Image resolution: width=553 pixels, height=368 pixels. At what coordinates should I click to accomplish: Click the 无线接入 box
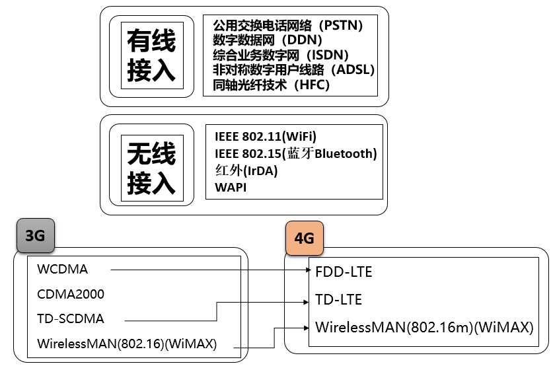point(151,165)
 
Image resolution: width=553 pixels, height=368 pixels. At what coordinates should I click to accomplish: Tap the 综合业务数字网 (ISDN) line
point(281,55)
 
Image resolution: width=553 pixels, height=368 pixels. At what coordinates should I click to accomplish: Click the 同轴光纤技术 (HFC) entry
point(271,85)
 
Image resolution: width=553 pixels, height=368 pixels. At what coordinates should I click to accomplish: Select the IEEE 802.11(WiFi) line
point(266,137)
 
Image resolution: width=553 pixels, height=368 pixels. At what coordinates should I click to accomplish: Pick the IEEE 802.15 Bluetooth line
point(295,153)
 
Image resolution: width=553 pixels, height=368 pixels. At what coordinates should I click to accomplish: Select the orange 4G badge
point(304,239)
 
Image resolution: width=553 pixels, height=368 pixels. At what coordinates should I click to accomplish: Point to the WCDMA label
point(63,269)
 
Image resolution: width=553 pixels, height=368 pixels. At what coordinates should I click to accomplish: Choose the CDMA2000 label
point(71,294)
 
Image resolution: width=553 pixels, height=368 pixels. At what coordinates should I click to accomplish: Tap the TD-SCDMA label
point(71,319)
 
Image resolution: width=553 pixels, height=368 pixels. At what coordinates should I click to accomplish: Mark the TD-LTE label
point(339,300)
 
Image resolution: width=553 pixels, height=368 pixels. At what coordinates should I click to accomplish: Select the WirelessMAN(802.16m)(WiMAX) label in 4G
point(424,328)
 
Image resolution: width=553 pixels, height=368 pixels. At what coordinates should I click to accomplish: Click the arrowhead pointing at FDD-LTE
point(307,270)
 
